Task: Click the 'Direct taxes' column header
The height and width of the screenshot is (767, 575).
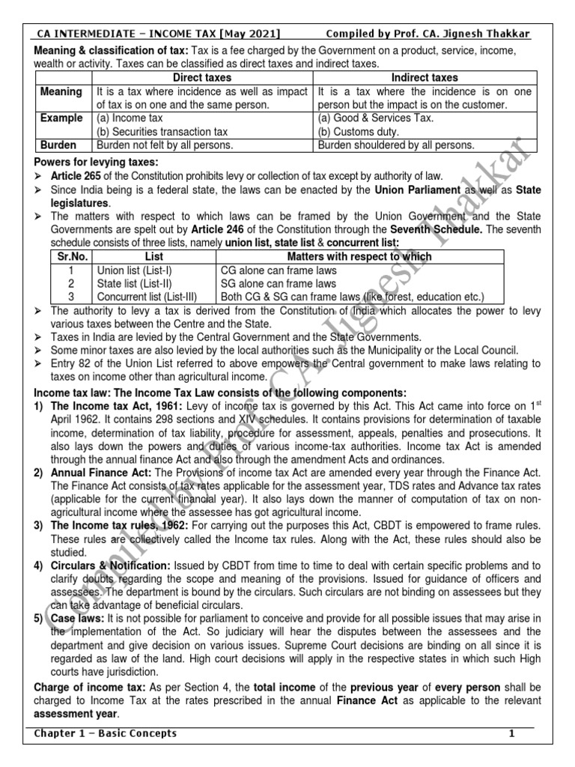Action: tap(202, 78)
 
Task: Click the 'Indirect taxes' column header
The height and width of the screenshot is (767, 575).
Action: tap(425, 78)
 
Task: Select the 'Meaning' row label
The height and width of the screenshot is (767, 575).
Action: tap(62, 91)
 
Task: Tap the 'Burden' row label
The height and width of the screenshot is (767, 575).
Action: tap(62, 145)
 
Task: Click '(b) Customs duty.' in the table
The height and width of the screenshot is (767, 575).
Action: tap(358, 132)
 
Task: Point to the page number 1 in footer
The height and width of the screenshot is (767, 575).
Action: tap(512, 733)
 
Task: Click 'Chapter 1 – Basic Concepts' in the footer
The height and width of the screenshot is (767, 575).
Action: tap(104, 733)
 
